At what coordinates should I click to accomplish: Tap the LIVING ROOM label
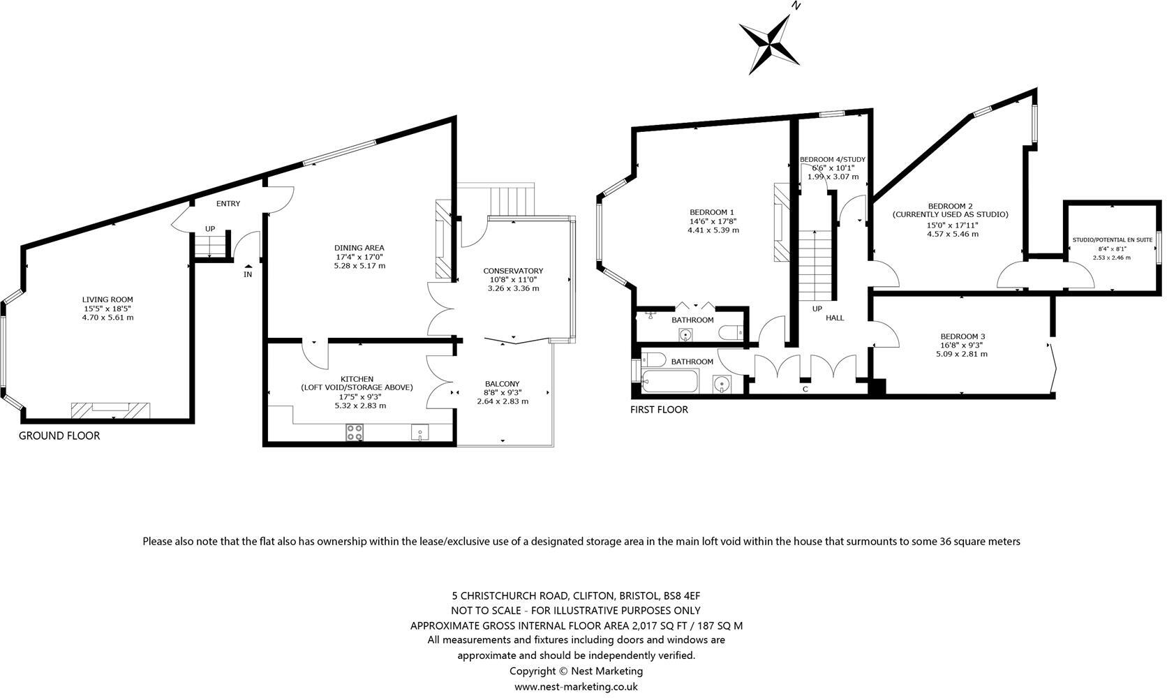click(107, 299)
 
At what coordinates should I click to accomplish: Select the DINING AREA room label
click(359, 248)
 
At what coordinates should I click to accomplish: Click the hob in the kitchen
click(355, 433)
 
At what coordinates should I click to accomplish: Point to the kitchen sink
click(420, 433)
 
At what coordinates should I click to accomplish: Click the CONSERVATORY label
click(513, 271)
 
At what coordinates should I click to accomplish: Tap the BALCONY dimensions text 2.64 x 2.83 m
click(503, 401)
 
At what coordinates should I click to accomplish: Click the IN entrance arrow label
click(248, 274)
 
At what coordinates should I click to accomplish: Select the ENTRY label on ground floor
click(228, 204)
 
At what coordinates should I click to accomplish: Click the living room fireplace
click(111, 410)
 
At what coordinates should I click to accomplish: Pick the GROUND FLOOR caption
click(59, 436)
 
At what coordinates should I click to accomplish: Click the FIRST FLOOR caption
click(659, 410)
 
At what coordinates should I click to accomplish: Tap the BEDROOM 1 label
click(712, 212)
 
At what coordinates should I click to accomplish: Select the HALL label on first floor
click(835, 318)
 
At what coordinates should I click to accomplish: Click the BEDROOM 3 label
click(962, 336)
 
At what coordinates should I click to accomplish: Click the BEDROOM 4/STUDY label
click(833, 159)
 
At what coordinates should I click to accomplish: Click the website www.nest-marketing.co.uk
click(576, 686)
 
